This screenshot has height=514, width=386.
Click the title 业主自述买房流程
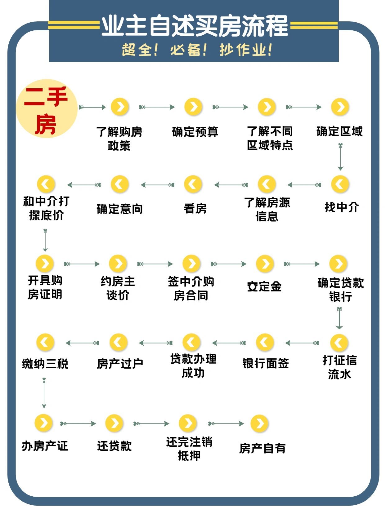(x=195, y=25)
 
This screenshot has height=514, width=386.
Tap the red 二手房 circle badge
(x=47, y=109)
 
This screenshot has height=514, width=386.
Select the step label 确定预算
(x=195, y=132)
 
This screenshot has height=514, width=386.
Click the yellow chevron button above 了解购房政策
(x=120, y=107)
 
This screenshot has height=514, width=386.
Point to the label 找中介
(x=341, y=207)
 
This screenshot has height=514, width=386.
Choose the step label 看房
(x=195, y=208)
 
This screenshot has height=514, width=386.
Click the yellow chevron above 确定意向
(x=120, y=184)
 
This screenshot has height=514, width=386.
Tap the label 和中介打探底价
(x=46, y=208)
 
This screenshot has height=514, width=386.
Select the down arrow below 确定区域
(x=340, y=157)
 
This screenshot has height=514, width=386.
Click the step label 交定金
(x=264, y=286)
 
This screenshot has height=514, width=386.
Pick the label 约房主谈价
(x=118, y=288)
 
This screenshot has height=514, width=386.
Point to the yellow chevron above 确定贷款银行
(x=339, y=264)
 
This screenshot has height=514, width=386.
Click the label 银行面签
(x=265, y=363)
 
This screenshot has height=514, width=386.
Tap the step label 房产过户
(x=120, y=364)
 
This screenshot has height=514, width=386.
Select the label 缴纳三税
(x=45, y=364)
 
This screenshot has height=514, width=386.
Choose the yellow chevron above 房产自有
(x=259, y=423)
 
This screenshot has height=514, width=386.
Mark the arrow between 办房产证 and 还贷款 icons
(x=78, y=423)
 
